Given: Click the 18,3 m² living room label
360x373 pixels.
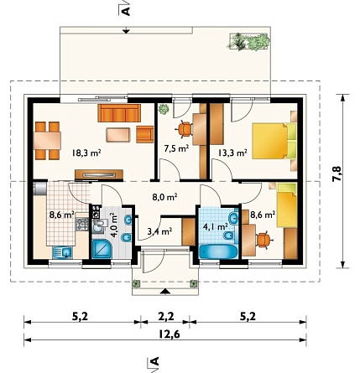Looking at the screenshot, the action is pos(86,153).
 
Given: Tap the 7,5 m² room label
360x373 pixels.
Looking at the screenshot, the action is pos(176,148).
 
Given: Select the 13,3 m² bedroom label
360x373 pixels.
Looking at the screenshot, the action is pos(232,153).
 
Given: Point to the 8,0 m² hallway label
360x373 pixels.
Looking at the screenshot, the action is pos(164,197).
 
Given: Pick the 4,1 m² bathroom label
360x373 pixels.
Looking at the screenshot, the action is pos(215,226).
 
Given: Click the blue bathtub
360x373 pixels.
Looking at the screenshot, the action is pos(218,251).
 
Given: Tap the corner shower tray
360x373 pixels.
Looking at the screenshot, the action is pos(102,249).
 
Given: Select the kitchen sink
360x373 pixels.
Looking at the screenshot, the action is pos(62,252).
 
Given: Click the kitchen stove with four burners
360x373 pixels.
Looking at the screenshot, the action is pos(82,224).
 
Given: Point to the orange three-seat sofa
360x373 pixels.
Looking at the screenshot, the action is pos(119,113).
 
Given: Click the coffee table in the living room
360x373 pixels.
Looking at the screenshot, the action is pos(118,135).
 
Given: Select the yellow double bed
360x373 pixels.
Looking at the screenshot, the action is pos(274,141).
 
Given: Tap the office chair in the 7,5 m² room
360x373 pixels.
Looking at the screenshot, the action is pos(184,129).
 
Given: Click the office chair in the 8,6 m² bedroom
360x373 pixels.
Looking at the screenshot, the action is pos(263,240).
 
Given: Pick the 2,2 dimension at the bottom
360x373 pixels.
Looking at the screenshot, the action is pos(165,317).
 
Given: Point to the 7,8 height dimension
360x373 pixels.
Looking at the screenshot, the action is pos(337,174).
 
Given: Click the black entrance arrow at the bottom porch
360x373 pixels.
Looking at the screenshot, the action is pos(165,292).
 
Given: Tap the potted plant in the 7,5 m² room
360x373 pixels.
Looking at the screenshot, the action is pos(164,109).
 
